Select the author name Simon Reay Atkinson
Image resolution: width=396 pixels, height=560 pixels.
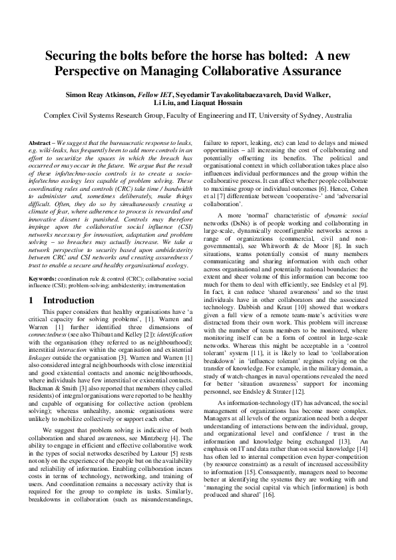[105, 95]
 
